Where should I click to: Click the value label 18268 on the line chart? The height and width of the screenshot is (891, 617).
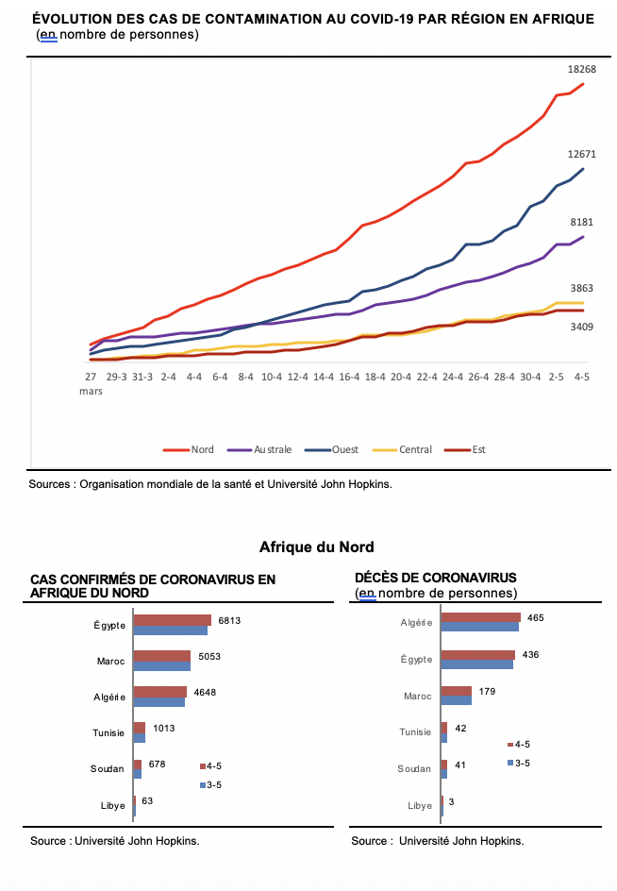pyautogui.click(x=582, y=69)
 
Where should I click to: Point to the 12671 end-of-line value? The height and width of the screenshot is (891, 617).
pyautogui.click(x=582, y=154)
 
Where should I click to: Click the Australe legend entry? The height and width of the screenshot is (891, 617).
pyautogui.click(x=259, y=449)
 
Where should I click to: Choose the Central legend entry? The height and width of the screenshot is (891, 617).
pyautogui.click(x=402, y=449)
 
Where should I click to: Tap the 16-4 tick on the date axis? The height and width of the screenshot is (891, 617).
pyautogui.click(x=349, y=377)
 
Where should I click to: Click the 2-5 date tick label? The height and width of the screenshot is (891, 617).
pyautogui.click(x=557, y=377)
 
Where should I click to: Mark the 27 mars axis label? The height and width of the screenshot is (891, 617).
pyautogui.click(x=91, y=383)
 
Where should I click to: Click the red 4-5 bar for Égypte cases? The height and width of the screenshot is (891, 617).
pyautogui.click(x=172, y=620)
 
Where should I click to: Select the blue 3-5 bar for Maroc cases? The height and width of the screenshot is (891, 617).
pyautogui.click(x=162, y=666)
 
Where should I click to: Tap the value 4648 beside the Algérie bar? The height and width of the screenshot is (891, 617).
pyautogui.click(x=205, y=692)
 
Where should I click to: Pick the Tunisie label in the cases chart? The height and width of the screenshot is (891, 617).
pyautogui.click(x=108, y=733)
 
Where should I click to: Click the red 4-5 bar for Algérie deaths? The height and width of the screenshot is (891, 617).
pyautogui.click(x=480, y=617)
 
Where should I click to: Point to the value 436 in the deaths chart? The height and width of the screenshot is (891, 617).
pyautogui.click(x=530, y=655)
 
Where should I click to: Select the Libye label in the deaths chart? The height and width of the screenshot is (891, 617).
pyautogui.click(x=420, y=806)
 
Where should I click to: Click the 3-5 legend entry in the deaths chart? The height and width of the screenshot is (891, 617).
pyautogui.click(x=519, y=764)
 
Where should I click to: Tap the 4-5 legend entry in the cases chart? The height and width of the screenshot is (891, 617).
pyautogui.click(x=210, y=766)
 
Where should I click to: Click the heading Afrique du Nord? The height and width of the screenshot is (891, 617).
pyautogui.click(x=316, y=546)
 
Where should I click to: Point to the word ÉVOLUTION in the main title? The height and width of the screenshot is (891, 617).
pyautogui.click(x=72, y=19)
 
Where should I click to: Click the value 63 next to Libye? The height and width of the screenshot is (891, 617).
pyautogui.click(x=147, y=800)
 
